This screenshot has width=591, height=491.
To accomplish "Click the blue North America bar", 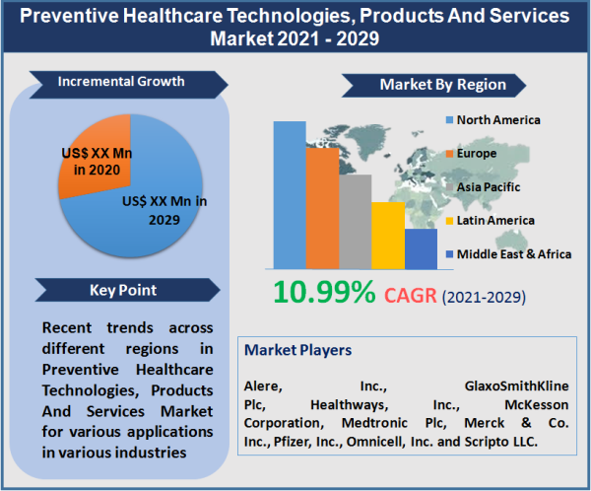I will point(290,194).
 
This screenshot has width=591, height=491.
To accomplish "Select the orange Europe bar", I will point(322,207).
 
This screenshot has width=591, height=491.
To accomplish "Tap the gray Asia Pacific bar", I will point(355,221).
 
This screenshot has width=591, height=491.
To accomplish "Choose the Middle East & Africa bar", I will point(421,248).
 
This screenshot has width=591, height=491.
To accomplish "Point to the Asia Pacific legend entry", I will point(492,186).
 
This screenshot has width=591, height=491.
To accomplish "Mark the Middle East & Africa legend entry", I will point(513,253).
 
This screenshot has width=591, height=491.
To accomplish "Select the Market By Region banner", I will point(442,84).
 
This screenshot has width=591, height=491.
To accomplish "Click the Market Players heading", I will point(297,350).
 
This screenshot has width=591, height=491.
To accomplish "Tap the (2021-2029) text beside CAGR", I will point(484,296).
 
